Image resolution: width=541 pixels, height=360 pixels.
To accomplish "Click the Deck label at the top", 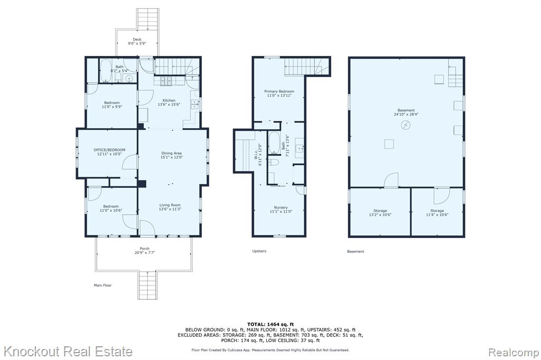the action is pyautogui.click(x=137, y=39).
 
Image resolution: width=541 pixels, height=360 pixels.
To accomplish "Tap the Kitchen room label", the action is pyautogui.click(x=169, y=100).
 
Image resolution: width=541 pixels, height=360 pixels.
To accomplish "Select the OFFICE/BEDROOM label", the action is pyautogui.click(x=109, y=150).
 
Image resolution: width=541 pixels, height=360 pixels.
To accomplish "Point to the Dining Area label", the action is pyautogui.click(x=172, y=153).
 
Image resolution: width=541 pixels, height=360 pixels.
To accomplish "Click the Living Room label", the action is pyautogui.click(x=170, y=205).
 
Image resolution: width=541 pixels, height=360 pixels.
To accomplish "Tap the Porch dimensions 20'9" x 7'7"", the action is pyautogui.click(x=145, y=252).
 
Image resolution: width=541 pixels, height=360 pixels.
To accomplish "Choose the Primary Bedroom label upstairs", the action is pyautogui.click(x=279, y=91).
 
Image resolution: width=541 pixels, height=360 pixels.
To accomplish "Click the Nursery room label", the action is pyautogui.click(x=281, y=207).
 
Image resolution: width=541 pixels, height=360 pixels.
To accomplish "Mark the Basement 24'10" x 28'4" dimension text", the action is pyautogui.click(x=406, y=114).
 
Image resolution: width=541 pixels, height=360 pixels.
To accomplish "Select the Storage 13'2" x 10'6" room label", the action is pyautogui.click(x=380, y=212).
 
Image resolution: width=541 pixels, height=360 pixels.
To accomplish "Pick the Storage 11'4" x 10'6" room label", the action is pyautogui.click(x=437, y=212).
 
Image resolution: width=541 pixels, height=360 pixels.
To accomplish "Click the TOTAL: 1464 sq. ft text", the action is pyautogui.click(x=270, y=324).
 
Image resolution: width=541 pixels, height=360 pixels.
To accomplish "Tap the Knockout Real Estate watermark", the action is pyautogui.click(x=68, y=352).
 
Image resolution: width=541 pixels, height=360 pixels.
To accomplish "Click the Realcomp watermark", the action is pyautogui.click(x=514, y=353).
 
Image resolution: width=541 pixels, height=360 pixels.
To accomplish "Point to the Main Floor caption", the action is pyautogui.click(x=103, y=285).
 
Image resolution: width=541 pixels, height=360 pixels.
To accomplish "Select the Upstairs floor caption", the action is pyautogui.click(x=259, y=251).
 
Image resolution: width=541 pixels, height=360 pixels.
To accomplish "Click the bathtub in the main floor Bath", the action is pyautogui.click(x=106, y=71).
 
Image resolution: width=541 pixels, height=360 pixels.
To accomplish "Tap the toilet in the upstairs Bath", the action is pyautogui.click(x=275, y=163).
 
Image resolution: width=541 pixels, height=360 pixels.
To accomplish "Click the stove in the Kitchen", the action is pyautogui.click(x=165, y=81).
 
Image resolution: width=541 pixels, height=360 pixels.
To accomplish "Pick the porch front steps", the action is pyautogui.click(x=148, y=285).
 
